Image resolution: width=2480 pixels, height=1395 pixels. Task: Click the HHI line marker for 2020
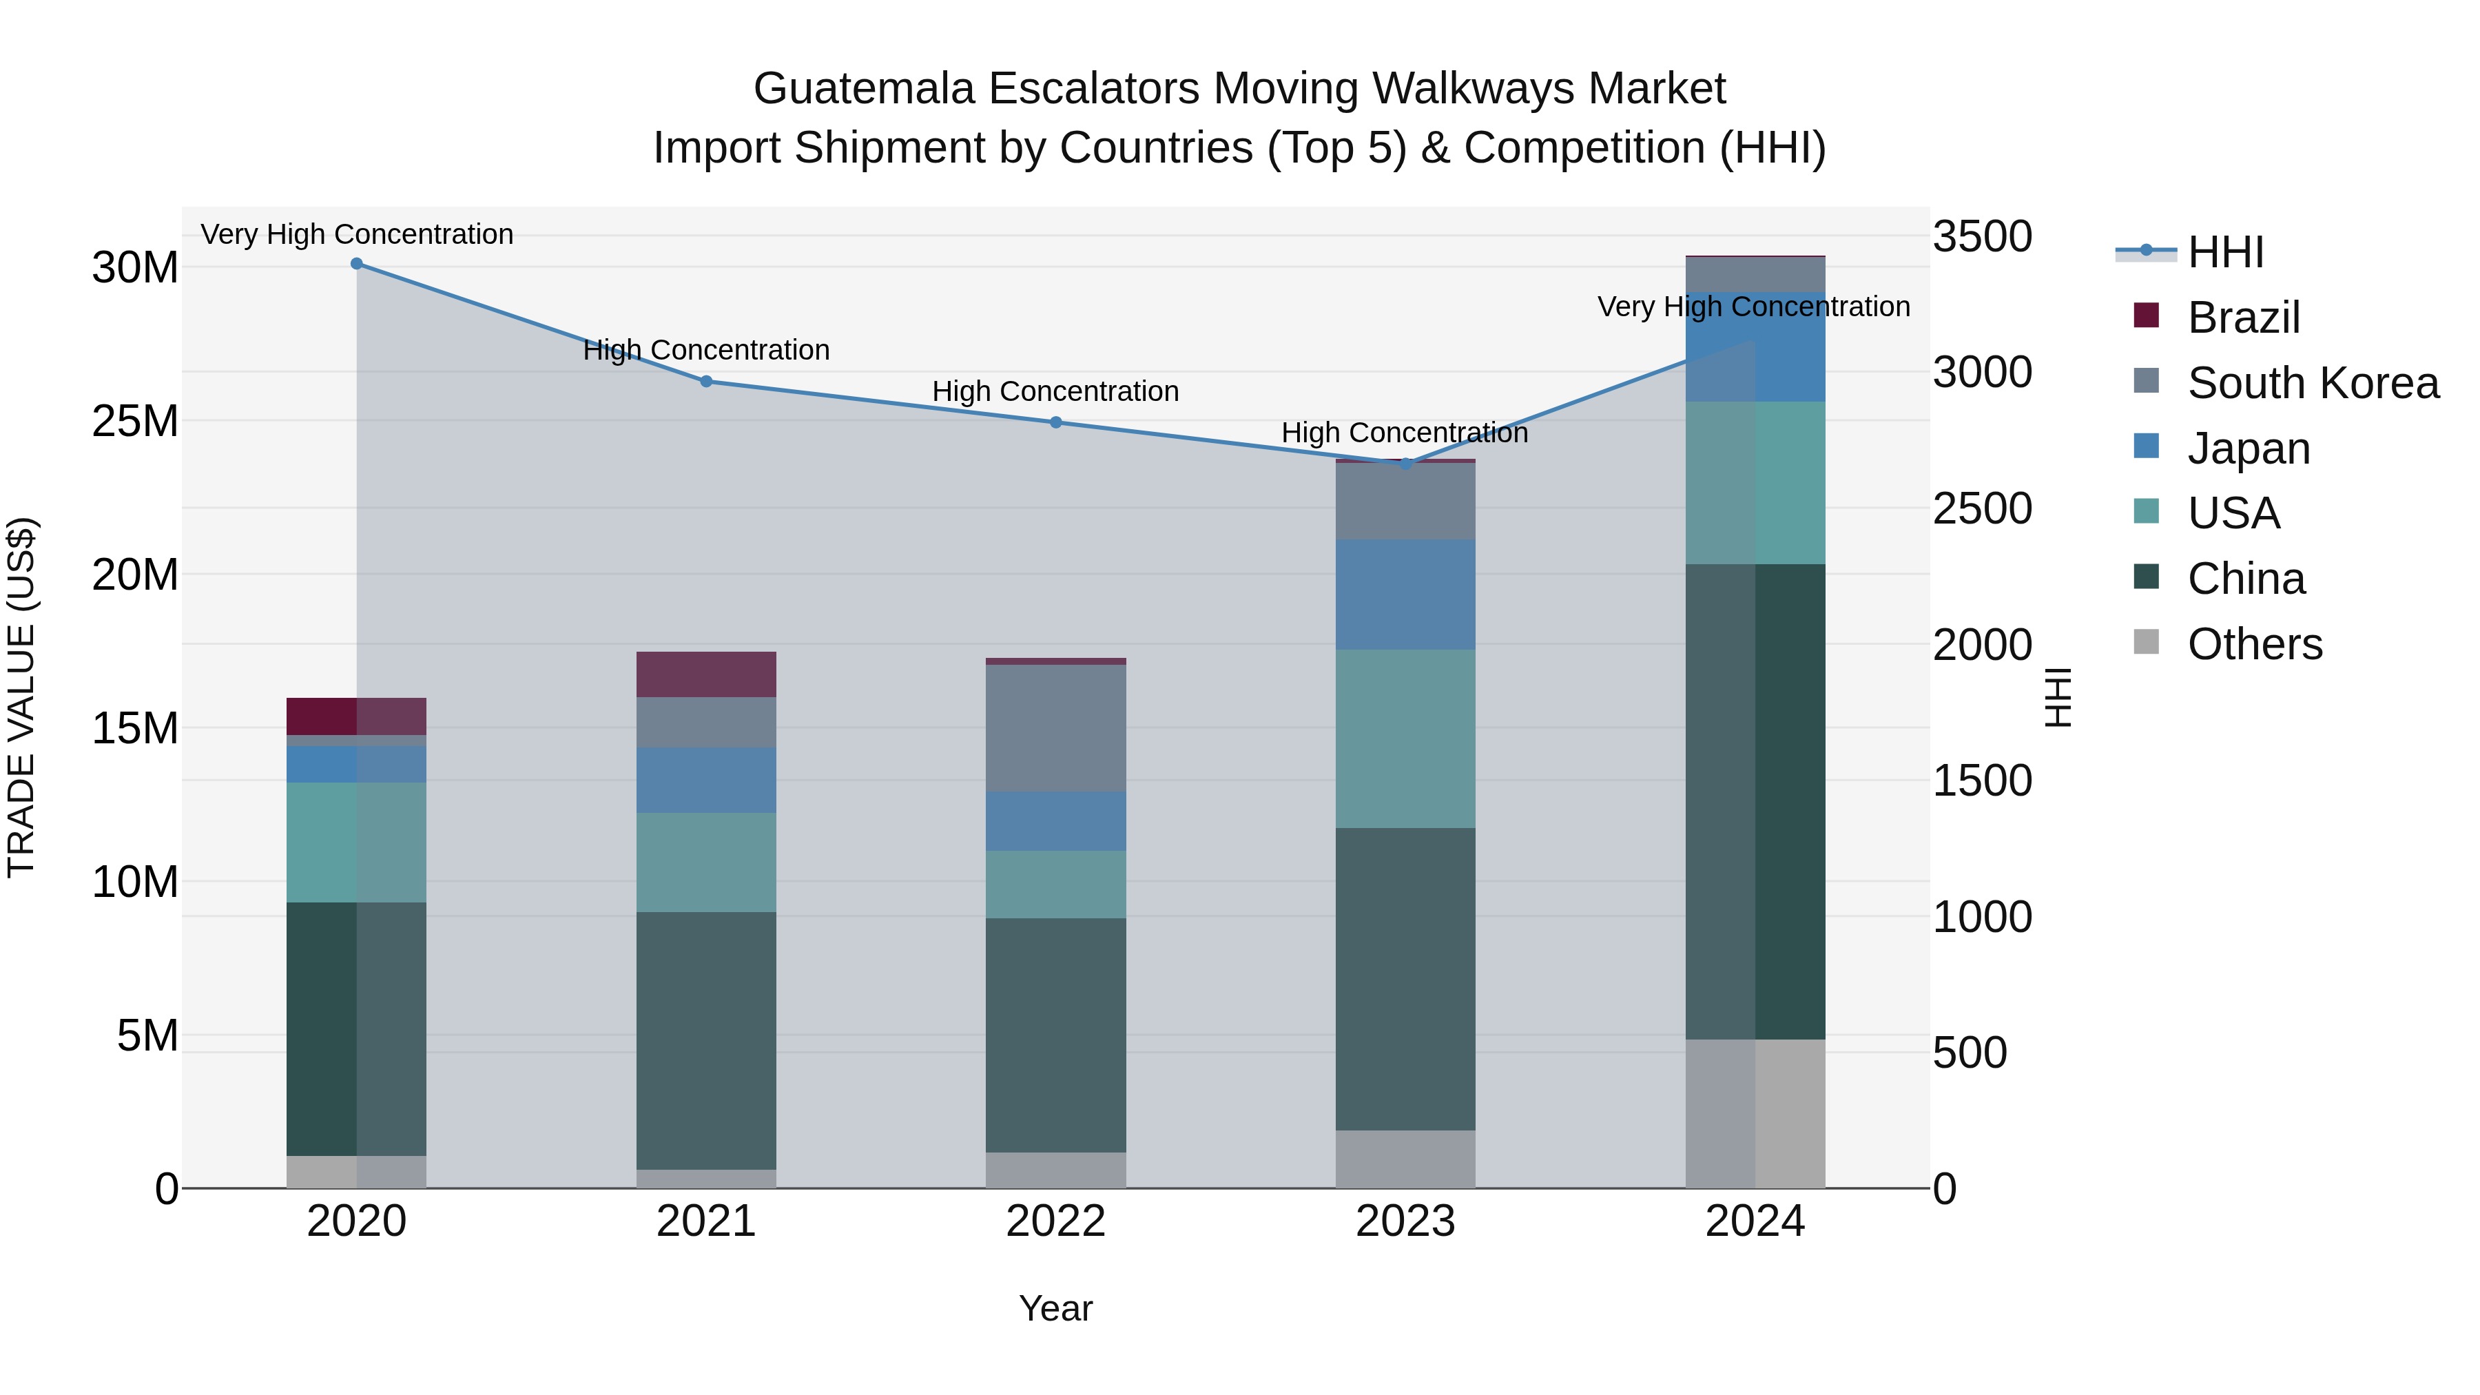[356, 264]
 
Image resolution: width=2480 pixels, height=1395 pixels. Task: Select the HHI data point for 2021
[705, 381]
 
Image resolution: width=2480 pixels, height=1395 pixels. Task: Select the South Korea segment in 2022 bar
[1055, 729]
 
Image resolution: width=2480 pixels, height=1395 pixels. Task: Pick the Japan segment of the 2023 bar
[1405, 595]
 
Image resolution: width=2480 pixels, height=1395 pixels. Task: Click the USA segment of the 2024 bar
[1755, 484]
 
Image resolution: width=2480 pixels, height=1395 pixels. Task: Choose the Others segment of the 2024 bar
[1755, 1114]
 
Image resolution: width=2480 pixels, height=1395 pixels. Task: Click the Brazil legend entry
[2243, 318]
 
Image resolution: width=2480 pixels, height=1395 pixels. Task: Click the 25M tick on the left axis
[135, 422]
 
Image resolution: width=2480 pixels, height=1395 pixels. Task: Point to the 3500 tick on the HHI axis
[1982, 237]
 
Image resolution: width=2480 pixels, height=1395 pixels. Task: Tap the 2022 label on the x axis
[1055, 1221]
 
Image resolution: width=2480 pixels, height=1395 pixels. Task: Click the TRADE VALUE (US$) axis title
[21, 698]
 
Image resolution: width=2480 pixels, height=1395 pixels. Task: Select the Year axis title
[1055, 1308]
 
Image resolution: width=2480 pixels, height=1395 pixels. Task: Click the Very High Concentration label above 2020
[356, 234]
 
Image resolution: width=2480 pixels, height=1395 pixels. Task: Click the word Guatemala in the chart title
[865, 89]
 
